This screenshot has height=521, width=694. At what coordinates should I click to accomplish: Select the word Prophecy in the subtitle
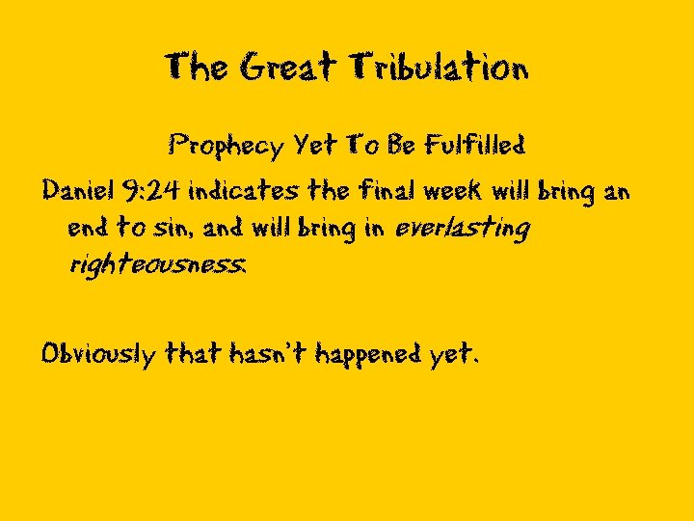(x=226, y=147)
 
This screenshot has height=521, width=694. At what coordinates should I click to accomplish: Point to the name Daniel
(x=76, y=191)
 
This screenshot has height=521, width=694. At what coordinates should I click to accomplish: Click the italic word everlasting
(x=463, y=229)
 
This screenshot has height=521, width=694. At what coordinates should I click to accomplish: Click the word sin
(x=168, y=229)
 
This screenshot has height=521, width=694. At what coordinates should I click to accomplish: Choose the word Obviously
(x=97, y=355)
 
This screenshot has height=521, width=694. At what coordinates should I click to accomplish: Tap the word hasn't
(x=264, y=354)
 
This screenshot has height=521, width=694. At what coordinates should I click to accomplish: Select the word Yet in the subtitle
(x=315, y=147)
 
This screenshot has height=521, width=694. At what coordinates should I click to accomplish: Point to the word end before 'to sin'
(x=89, y=229)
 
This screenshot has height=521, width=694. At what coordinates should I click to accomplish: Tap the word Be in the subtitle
(x=400, y=146)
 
